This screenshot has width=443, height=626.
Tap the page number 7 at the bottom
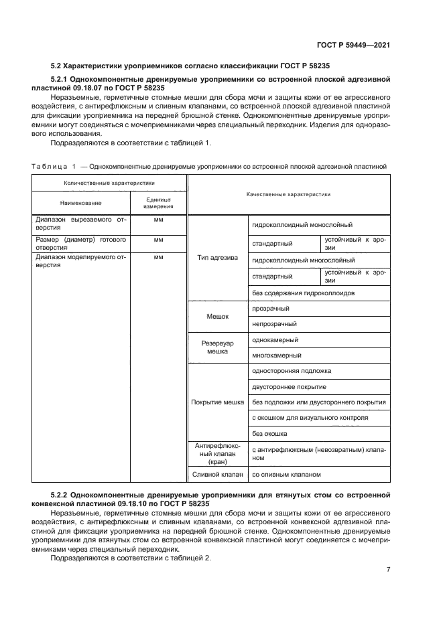click(388, 570)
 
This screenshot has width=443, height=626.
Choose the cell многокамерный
click(276, 356)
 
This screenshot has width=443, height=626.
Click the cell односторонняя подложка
click(291, 371)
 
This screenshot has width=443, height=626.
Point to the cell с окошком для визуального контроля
click(310, 418)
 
